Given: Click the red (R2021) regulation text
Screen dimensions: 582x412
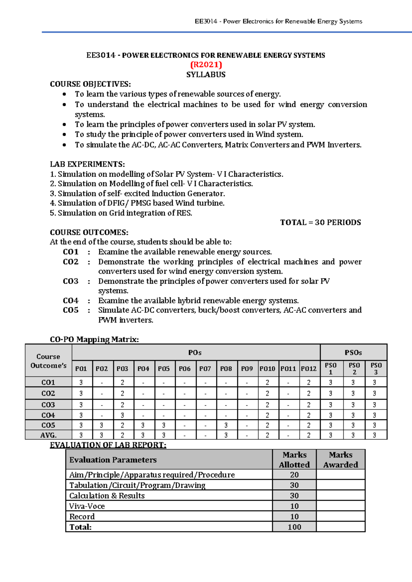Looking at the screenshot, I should [206, 65].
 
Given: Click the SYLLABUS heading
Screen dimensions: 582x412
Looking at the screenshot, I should [206, 74].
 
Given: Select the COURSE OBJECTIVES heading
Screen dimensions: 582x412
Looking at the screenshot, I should [90, 84].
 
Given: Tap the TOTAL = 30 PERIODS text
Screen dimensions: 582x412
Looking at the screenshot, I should [320, 222].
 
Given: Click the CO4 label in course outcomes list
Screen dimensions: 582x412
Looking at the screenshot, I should [71, 301].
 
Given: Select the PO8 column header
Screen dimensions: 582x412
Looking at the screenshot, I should [226, 369].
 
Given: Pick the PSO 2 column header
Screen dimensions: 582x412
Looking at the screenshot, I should [354, 369].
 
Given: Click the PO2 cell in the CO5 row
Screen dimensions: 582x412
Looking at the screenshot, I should [102, 425].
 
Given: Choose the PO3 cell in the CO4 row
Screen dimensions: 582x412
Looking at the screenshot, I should [122, 415].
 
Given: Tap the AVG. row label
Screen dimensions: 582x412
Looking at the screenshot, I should [48, 435].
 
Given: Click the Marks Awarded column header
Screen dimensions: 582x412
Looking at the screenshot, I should [341, 459].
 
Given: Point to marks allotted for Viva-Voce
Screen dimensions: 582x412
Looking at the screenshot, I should [294, 506].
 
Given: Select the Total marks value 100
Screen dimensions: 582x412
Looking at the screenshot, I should [294, 527].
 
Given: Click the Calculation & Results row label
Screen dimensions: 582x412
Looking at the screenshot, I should [107, 496].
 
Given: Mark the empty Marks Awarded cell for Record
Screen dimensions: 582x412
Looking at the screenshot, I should [341, 516].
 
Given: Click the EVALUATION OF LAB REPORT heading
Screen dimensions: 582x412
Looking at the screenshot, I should [108, 445].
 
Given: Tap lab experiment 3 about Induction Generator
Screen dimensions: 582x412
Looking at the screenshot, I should [137, 194].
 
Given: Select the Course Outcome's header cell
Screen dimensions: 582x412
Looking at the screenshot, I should [48, 361].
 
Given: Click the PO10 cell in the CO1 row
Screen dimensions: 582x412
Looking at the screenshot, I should [267, 382].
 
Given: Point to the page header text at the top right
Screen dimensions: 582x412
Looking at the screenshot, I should [278, 21].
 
